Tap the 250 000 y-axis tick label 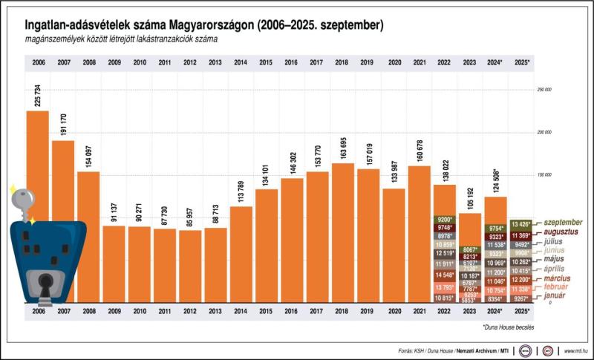(544, 90)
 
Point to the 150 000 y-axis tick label (544, 175)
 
